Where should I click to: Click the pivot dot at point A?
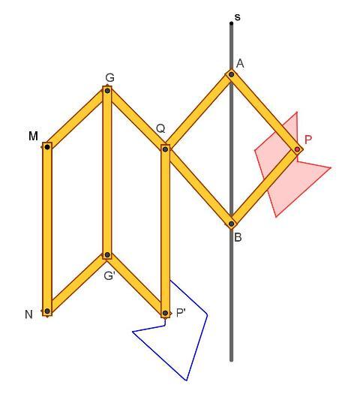point(232,74)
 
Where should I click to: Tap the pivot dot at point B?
point(232,224)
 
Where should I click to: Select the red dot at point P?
point(297,149)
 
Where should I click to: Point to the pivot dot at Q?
point(165,149)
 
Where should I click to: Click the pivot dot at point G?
point(107,91)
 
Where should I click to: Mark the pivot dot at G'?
point(107,255)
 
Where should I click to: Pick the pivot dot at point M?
point(47,147)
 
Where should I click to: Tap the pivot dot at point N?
point(47,311)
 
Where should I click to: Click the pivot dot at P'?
point(165,313)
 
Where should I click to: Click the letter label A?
point(240,64)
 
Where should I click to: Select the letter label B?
point(238,237)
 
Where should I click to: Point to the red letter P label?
point(308,140)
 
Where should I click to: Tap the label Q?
point(160,128)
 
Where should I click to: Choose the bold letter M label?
point(34,136)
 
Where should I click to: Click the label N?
point(28,314)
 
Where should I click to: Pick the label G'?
point(109,276)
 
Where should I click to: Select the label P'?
point(181,313)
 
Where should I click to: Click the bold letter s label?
point(238,17)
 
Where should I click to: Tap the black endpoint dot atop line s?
point(231,23)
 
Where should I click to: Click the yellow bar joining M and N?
point(47,229)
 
